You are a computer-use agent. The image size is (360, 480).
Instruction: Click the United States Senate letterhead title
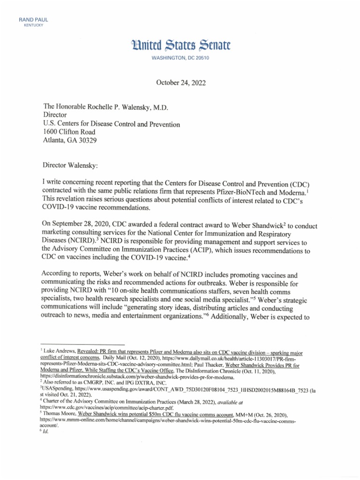pos(180,45)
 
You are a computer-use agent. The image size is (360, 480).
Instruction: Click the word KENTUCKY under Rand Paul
pos(33,25)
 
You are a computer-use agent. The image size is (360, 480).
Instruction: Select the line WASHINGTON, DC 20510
pos(180,58)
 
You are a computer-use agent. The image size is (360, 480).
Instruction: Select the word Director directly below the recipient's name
pos(55,115)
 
